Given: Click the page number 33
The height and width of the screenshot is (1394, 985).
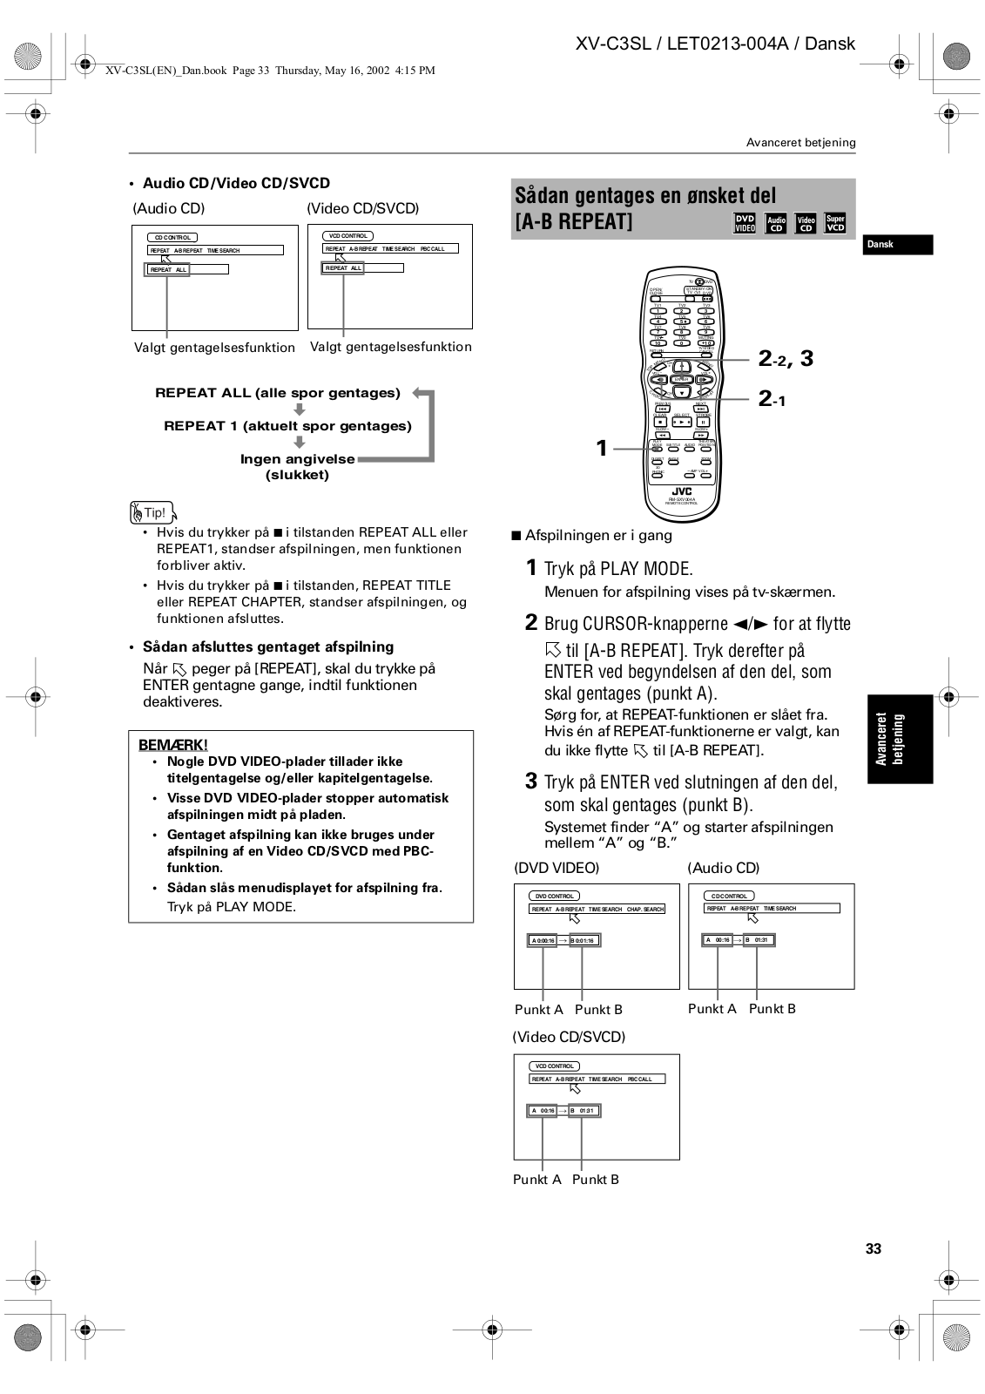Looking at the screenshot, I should [873, 1249].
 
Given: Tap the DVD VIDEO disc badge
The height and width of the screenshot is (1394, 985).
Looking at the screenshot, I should [745, 224].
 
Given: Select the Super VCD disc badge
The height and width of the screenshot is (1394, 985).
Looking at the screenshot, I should [835, 224].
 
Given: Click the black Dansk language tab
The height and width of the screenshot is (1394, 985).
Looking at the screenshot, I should [898, 245].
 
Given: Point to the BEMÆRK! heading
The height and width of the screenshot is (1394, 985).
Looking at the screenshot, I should [173, 745].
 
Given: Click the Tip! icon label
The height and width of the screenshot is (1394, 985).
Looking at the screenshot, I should [152, 512].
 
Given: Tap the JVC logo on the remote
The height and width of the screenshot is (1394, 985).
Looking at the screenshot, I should [681, 491].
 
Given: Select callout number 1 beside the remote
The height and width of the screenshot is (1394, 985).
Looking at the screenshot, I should [601, 448].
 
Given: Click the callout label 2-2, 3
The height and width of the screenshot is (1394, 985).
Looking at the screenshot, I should [786, 358].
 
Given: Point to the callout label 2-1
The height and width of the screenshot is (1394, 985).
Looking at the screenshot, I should [772, 399].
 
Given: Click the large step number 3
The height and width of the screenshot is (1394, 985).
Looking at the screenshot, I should [531, 781].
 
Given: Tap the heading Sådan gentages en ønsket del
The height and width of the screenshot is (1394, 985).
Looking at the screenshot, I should [644, 195].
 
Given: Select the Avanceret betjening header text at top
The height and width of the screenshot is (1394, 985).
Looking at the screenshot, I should [800, 142].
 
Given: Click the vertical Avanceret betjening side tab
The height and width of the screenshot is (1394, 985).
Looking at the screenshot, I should [899, 739].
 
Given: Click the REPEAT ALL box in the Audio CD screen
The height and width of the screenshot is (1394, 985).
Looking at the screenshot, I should [169, 270].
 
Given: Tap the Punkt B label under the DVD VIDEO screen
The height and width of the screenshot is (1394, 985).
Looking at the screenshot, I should [598, 1010].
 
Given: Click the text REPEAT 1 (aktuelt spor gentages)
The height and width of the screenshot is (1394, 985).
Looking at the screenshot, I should [287, 426].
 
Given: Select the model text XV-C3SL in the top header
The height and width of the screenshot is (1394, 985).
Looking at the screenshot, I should [613, 44].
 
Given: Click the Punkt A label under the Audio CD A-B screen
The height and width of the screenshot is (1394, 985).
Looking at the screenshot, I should [712, 1009].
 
